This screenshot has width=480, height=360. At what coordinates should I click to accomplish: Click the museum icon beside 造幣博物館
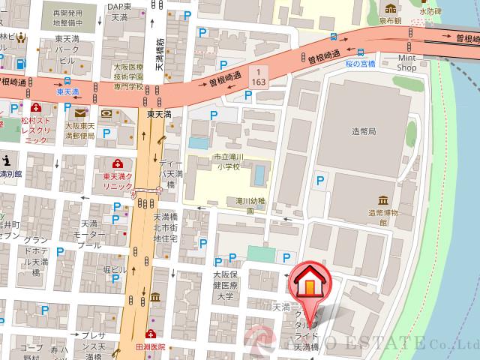(x=383, y=200)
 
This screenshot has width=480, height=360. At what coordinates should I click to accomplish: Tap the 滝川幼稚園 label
(x=252, y=206)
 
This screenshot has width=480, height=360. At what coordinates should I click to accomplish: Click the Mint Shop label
(x=406, y=62)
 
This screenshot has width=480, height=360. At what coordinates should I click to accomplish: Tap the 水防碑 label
(x=431, y=12)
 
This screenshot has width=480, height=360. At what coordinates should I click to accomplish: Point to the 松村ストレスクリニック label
(x=37, y=129)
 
